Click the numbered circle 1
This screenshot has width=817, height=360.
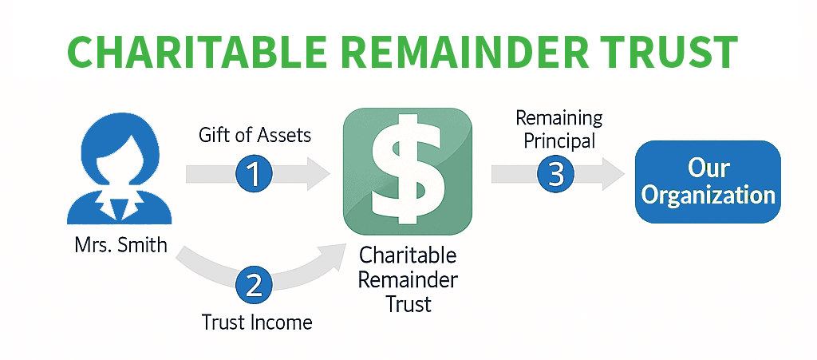255,173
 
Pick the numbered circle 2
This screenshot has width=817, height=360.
255,286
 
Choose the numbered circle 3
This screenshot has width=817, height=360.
556,174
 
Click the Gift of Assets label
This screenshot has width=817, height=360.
255,136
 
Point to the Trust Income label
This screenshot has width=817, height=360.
257,322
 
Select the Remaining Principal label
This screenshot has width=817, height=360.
559,129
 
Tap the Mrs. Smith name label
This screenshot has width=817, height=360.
121,244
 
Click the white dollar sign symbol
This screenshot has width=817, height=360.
408,171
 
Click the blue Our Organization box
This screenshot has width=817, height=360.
708,182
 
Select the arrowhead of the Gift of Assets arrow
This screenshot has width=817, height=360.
318,173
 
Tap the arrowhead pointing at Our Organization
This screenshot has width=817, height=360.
614,174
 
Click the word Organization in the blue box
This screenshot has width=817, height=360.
708,196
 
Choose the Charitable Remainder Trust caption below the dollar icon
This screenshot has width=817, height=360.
408,279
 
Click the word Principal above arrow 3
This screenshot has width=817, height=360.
559,140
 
